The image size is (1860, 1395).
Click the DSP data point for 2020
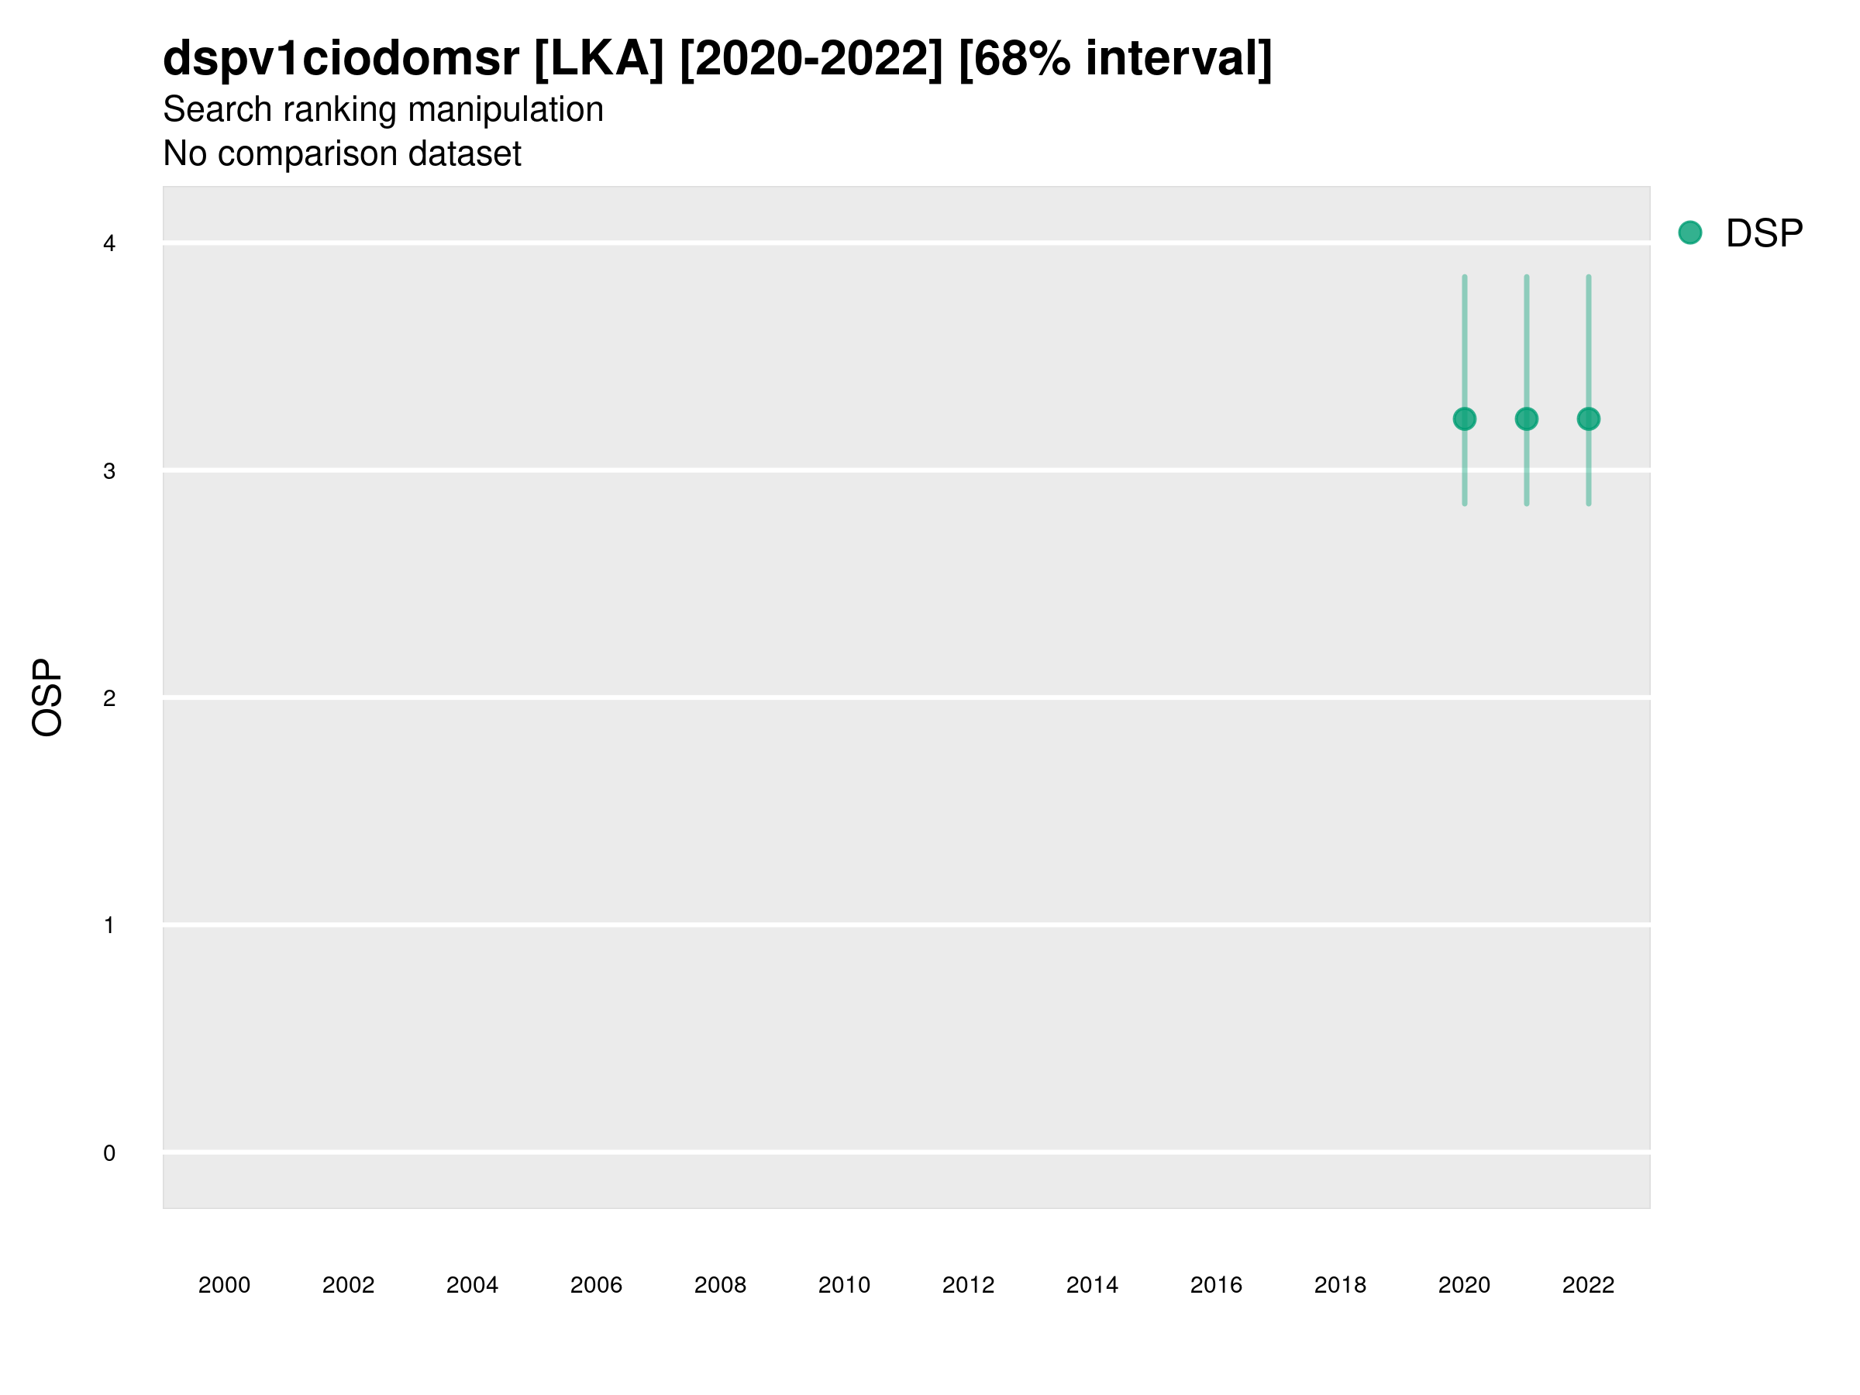tap(1464, 418)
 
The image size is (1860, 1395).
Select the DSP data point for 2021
tap(1526, 418)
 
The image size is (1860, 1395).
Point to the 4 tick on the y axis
tap(109, 244)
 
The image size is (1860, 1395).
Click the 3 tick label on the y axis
tap(109, 471)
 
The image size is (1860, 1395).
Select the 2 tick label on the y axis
tap(109, 698)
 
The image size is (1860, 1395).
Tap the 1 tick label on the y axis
tap(109, 925)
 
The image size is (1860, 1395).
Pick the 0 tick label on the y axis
tap(109, 1153)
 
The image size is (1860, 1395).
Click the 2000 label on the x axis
tap(224, 1285)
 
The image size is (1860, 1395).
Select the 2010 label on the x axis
tap(844, 1285)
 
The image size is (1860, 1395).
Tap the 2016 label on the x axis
tap(1216, 1285)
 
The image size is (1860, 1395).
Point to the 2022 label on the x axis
tap(1587, 1285)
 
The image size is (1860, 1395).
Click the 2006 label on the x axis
tap(596, 1285)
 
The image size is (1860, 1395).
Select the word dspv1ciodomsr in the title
tap(340, 59)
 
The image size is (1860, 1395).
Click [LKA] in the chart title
tap(600, 59)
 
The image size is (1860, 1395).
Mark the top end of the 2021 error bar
tap(1526, 277)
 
